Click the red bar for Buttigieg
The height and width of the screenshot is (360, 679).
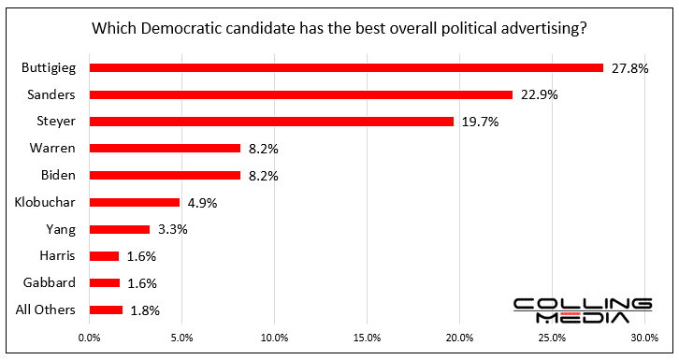tap(346, 67)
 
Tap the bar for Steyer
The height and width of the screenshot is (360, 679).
tap(271, 121)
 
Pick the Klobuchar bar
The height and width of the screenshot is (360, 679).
tap(134, 202)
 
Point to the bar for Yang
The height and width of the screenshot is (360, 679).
tap(119, 228)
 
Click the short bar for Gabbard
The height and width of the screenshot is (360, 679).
tap(104, 282)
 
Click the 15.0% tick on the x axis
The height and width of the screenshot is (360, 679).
tap(367, 337)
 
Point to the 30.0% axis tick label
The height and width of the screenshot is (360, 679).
tap(644, 337)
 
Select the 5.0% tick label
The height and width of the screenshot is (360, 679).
tap(181, 337)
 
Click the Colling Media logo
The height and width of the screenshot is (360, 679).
tap(582, 310)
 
